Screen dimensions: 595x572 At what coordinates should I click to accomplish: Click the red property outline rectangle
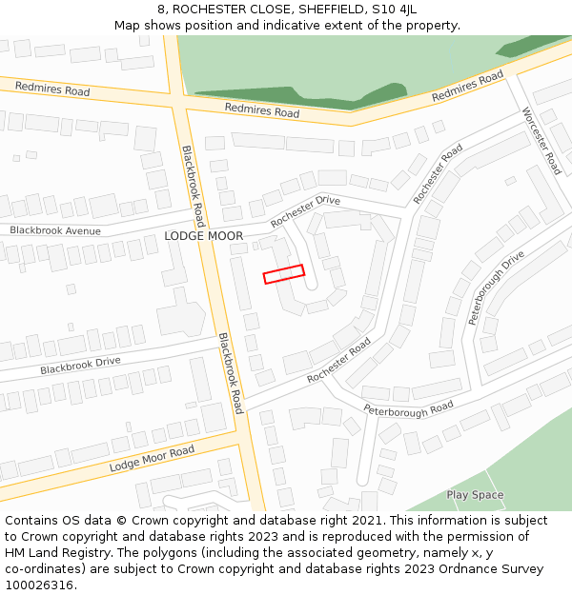(x=283, y=274)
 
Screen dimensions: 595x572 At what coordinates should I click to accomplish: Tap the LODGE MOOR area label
(x=204, y=236)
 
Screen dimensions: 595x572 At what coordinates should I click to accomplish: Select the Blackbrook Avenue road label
(x=55, y=230)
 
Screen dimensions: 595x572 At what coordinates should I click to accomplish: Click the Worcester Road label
(x=541, y=140)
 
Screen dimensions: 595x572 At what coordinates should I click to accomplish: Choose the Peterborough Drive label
(x=497, y=288)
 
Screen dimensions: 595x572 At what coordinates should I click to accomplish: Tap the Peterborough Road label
(x=408, y=409)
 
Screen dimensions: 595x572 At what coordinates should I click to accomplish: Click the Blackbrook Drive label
(x=81, y=366)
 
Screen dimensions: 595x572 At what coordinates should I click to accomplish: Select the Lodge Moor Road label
(x=152, y=458)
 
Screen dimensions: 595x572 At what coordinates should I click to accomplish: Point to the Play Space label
(x=475, y=495)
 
